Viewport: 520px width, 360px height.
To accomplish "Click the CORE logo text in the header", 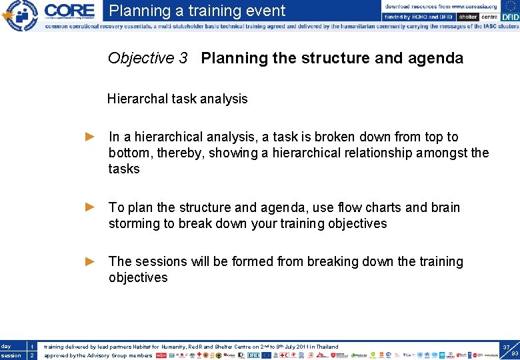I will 69,11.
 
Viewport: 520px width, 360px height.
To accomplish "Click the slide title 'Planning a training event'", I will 197,11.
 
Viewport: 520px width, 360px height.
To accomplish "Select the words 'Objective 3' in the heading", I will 147,58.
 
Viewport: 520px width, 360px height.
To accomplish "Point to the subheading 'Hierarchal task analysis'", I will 177,99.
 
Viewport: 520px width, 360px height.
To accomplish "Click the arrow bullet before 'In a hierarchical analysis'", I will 91,137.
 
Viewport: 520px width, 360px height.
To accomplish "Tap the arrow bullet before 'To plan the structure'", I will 91,207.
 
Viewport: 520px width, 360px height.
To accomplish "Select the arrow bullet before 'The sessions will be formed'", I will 91,261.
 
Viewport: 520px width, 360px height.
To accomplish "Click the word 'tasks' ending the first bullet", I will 124,169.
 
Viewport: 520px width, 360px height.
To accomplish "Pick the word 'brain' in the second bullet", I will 441,207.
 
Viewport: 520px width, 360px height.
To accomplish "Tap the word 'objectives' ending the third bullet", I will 138,277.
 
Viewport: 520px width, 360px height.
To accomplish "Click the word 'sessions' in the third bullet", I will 159,261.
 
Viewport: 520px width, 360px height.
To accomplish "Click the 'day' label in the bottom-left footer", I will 6,346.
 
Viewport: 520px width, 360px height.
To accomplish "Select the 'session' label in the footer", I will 10,355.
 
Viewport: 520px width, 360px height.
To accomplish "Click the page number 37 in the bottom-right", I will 506,347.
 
